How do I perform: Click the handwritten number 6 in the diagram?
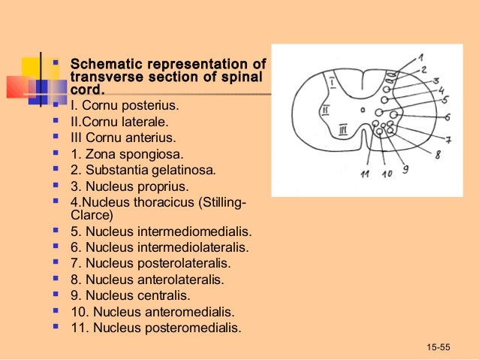click(447, 117)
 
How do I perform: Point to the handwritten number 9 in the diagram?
click(405, 170)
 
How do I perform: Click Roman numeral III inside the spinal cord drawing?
click(342, 129)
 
